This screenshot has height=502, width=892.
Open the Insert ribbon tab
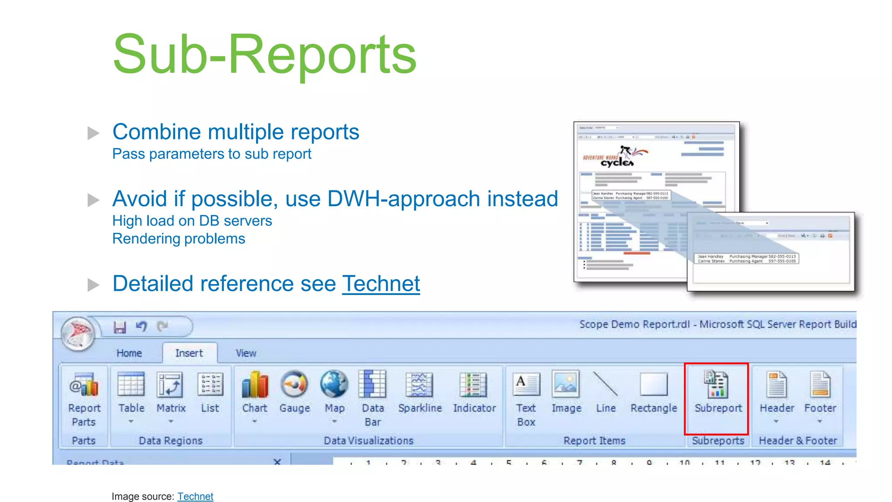click(189, 353)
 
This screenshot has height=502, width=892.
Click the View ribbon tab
click(246, 353)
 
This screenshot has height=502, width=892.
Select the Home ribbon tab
click(129, 353)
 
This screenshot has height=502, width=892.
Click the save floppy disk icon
click(120, 327)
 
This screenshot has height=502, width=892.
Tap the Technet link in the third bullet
click(381, 284)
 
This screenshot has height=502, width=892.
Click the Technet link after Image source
click(195, 496)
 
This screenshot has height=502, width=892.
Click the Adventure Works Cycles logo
click(615, 157)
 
